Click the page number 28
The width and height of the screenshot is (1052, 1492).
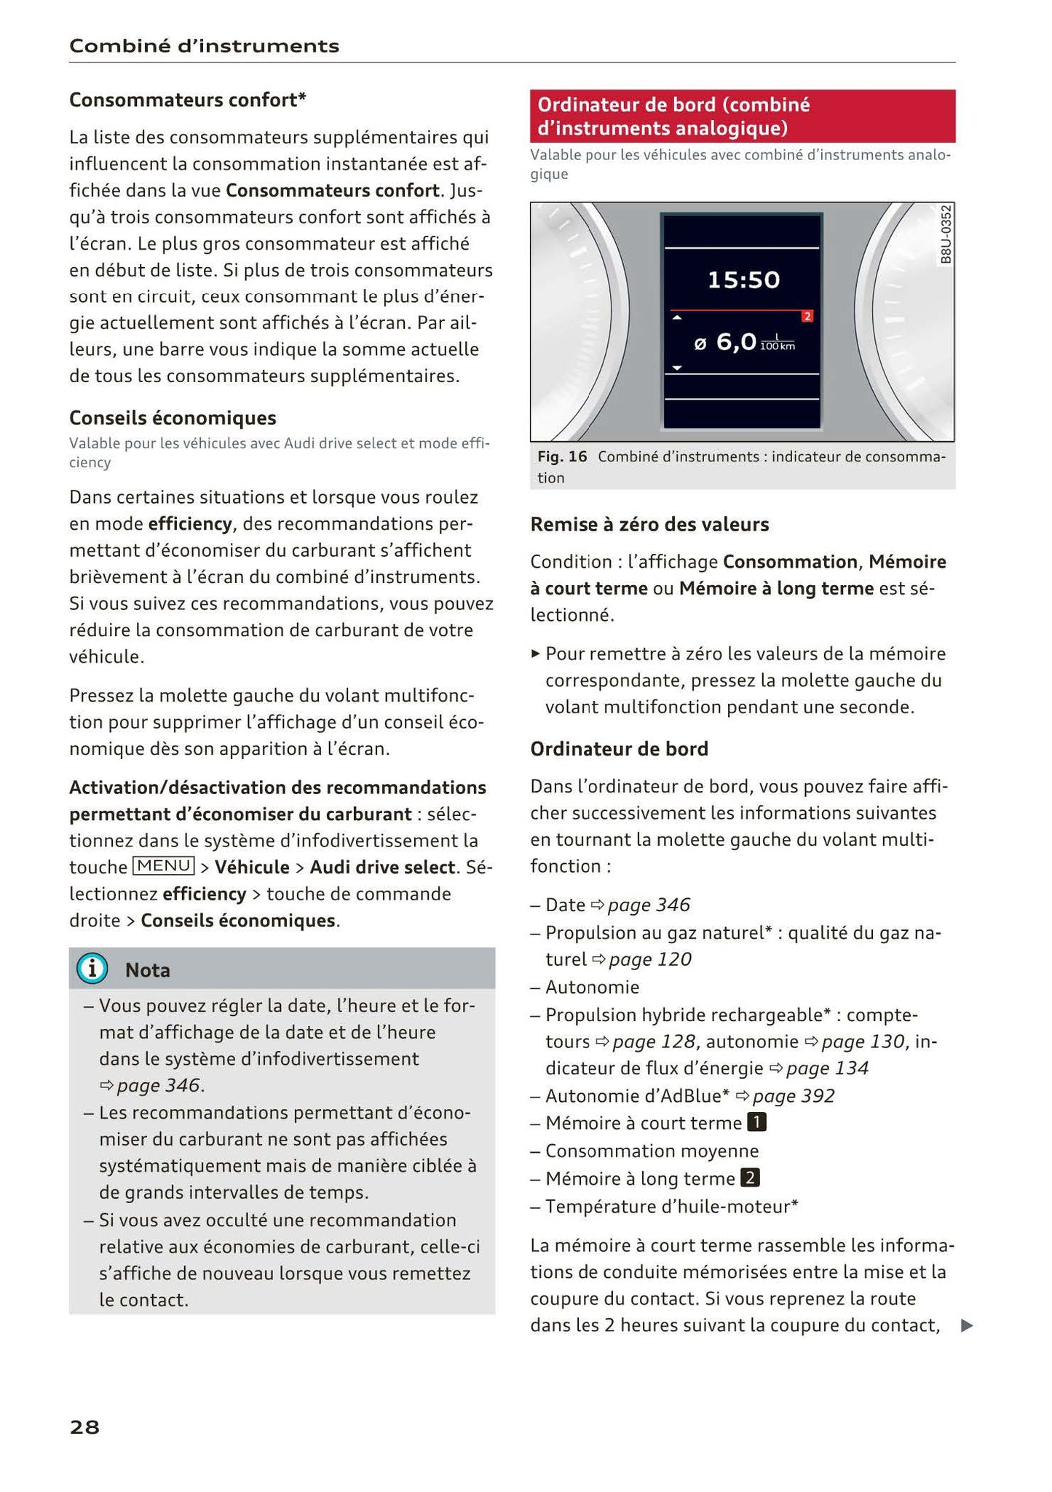pos(84,1427)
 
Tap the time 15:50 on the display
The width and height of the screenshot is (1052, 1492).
pos(743,279)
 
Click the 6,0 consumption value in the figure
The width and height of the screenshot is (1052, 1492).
pos(736,341)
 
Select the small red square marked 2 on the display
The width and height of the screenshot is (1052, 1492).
pos(807,317)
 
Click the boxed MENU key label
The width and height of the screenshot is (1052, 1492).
pos(164,866)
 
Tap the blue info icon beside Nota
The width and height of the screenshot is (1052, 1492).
pos(92,969)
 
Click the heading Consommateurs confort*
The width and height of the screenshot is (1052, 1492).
pos(187,100)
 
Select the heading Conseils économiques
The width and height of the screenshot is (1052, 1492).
pos(173,418)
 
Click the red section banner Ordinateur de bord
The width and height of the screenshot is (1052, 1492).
pos(742,116)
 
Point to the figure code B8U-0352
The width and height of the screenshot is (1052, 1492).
pos(945,234)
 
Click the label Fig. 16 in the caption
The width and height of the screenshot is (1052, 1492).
pos(561,457)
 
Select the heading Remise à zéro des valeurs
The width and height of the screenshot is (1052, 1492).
pos(649,524)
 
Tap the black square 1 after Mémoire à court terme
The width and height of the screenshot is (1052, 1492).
pos(757,1122)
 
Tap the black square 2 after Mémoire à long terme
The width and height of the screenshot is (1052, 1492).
pos(750,1178)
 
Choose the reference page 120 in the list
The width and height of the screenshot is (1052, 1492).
pos(649,959)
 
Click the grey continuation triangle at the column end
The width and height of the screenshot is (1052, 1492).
pos(966,1325)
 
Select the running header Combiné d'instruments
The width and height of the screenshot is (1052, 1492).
pos(204,47)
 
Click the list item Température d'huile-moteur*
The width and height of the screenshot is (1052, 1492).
pos(671,1206)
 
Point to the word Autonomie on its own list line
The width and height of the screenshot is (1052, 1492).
pos(592,987)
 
